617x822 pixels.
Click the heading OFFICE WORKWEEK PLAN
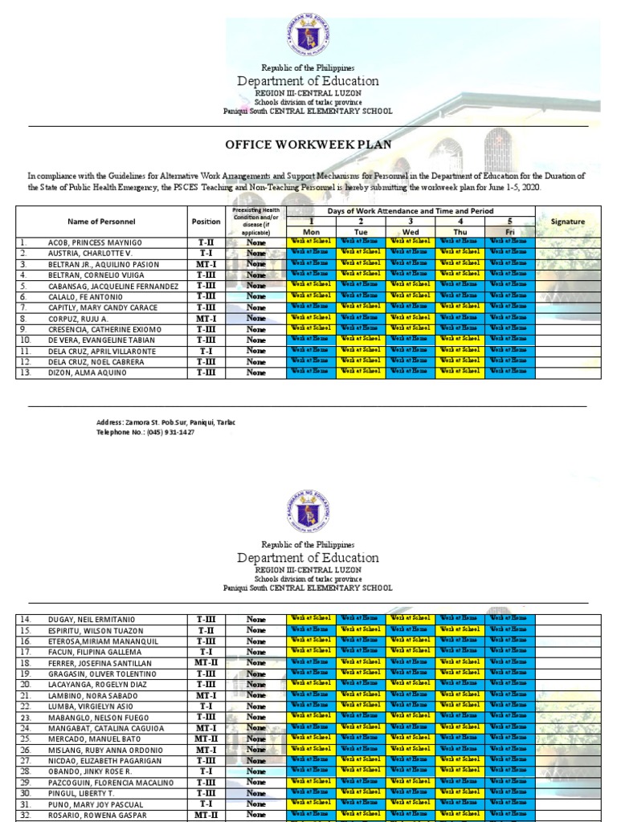point(308,145)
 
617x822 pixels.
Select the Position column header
point(205,221)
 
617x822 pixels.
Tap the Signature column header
point(567,222)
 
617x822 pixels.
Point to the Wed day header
point(411,231)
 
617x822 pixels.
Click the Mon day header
point(311,231)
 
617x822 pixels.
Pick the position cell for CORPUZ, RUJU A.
point(205,318)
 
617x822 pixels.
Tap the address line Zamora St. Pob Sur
point(165,422)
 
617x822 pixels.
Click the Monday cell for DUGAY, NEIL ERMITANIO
point(311,618)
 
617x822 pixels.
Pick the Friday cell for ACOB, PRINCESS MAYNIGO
point(510,241)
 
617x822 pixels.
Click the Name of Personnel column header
point(101,221)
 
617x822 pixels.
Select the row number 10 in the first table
point(24,340)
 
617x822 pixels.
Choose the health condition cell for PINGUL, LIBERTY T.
point(255,793)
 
